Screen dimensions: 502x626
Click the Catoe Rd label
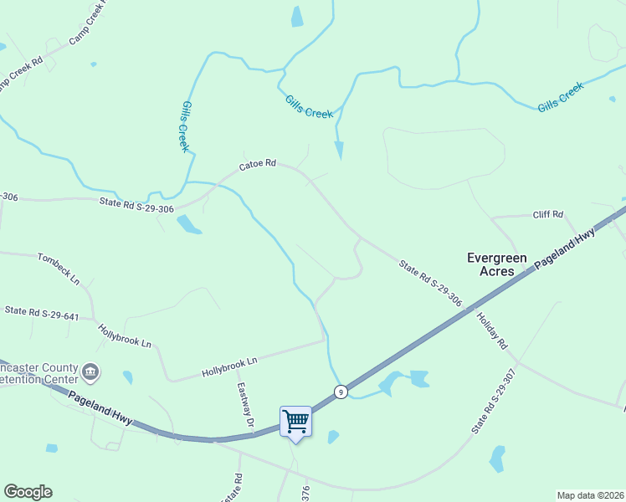(x=257, y=166)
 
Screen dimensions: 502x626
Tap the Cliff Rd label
(x=548, y=215)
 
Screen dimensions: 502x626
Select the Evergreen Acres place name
(x=496, y=264)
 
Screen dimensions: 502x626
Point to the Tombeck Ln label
(x=58, y=264)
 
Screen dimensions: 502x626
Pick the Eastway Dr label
(x=244, y=406)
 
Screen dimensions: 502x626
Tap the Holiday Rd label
(x=492, y=330)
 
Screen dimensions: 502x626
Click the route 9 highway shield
(x=341, y=392)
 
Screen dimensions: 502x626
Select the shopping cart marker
(x=295, y=421)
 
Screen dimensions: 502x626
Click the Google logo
(x=28, y=492)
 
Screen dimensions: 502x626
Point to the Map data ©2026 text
(x=590, y=495)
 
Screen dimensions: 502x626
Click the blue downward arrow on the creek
(x=339, y=150)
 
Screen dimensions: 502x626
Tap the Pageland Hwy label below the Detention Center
(x=100, y=408)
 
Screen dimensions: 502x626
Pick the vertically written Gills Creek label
(x=185, y=126)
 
